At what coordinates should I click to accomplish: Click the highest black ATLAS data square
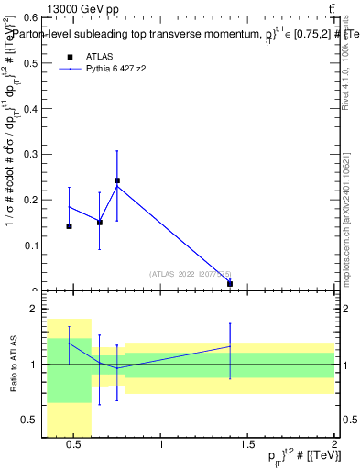[x=117, y=180]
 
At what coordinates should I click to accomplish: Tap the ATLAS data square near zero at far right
[x=229, y=284]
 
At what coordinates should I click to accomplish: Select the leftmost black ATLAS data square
[x=69, y=225]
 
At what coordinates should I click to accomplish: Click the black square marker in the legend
[x=69, y=55]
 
